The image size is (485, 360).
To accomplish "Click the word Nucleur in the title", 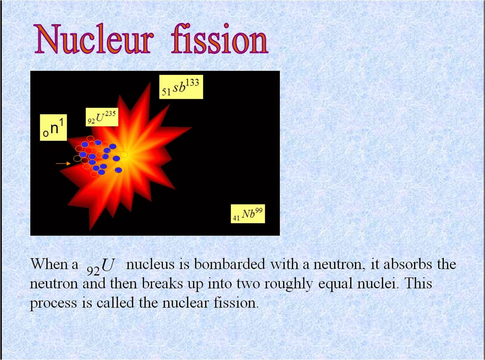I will click(94, 39).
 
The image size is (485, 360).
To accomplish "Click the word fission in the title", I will click(220, 39).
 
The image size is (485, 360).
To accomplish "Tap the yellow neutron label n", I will click(53, 128).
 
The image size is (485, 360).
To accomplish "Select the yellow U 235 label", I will click(102, 117).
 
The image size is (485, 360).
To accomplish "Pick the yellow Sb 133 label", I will click(181, 87).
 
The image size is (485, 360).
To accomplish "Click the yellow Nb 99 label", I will click(248, 214).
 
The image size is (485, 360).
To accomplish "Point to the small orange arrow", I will click(63, 163).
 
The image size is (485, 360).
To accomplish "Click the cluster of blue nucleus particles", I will click(100, 157).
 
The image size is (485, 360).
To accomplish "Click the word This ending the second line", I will click(418, 283).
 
